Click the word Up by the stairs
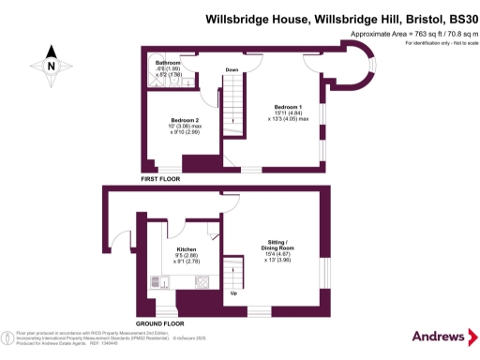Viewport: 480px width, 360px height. coord(232,293)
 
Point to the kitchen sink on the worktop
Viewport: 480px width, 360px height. coord(160,280)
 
